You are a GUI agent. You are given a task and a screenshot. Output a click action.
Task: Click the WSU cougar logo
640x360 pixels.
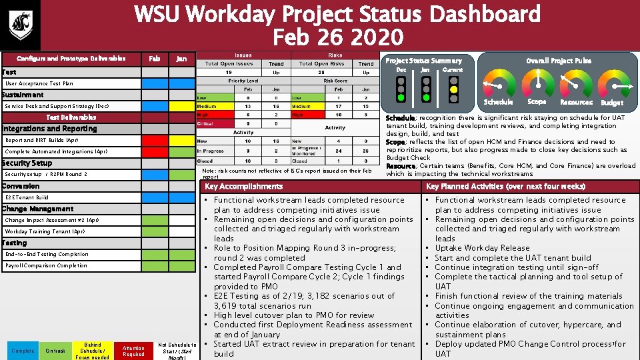point(19,24)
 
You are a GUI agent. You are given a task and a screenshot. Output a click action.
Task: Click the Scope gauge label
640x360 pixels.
point(537,102)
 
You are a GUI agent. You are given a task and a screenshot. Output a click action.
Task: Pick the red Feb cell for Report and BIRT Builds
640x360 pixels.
point(155,141)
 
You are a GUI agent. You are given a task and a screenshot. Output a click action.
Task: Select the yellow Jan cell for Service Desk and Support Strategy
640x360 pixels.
point(181,106)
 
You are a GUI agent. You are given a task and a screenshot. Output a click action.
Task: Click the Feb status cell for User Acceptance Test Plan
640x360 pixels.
point(155,84)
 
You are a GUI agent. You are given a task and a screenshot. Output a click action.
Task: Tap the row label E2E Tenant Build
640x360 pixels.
point(27,198)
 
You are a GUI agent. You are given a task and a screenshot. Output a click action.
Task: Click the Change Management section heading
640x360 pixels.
point(38,209)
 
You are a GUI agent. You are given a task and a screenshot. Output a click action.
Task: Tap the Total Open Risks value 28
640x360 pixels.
point(321,72)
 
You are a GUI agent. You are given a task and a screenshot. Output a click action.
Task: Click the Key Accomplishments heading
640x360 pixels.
point(243,187)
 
